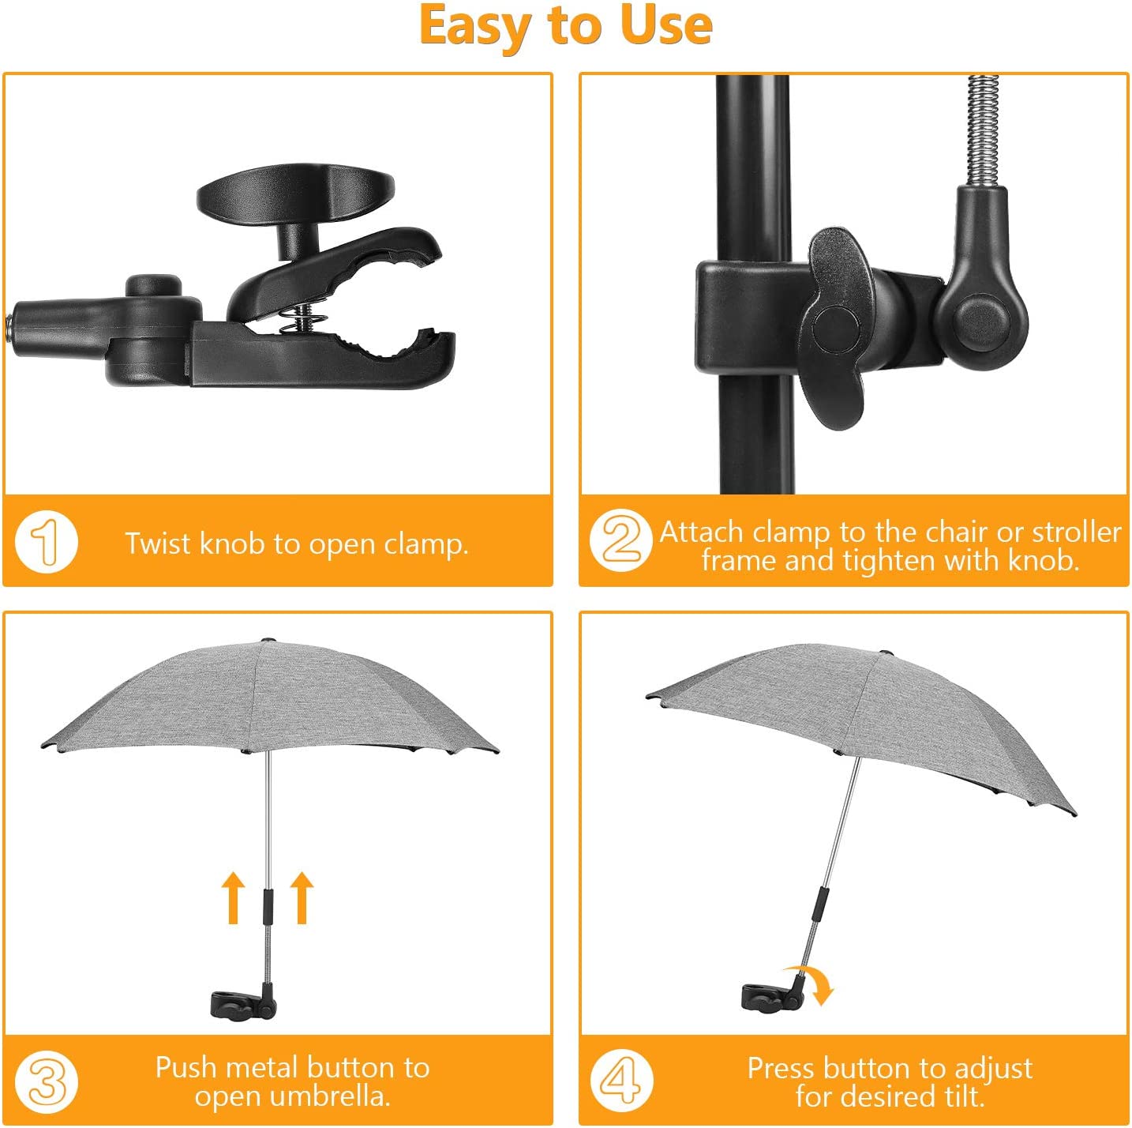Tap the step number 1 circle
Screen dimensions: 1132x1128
pos(47,542)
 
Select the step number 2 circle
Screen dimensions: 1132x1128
pos(621,540)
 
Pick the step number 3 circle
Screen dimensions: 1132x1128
pos(47,1081)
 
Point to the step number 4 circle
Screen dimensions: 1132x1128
pos(621,1081)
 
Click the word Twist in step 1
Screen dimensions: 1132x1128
pos(159,543)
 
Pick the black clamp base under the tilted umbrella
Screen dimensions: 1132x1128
pos(773,994)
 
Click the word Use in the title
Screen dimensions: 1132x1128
pos(666,27)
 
